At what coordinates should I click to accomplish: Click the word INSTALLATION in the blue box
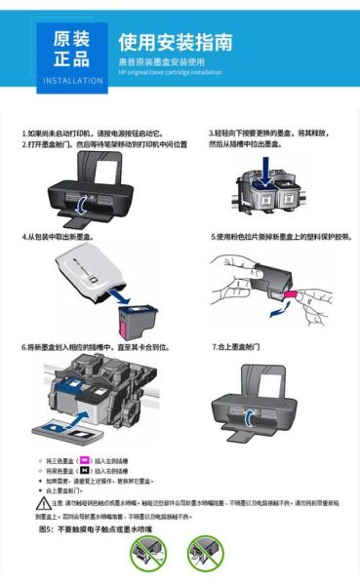[73, 80]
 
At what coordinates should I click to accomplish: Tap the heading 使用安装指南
[175, 43]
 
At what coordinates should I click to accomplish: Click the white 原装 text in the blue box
[72, 38]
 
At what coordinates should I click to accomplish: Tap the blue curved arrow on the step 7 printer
[250, 420]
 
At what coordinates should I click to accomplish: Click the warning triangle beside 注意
[43, 502]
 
